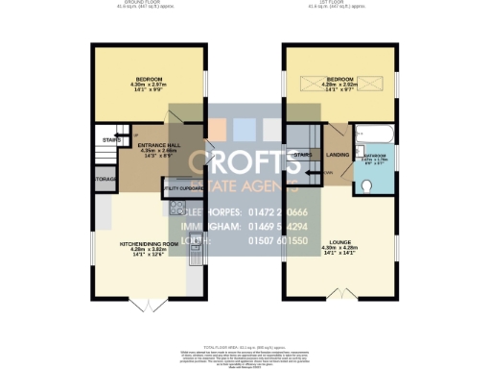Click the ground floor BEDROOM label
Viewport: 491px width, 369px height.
pos(149,79)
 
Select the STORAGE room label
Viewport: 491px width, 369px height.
pos(105,178)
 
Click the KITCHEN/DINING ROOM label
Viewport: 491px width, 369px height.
pos(149,245)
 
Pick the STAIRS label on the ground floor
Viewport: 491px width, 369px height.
pos(108,138)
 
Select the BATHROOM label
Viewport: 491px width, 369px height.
pos(374,154)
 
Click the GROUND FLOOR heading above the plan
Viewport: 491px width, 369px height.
pos(148,3)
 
